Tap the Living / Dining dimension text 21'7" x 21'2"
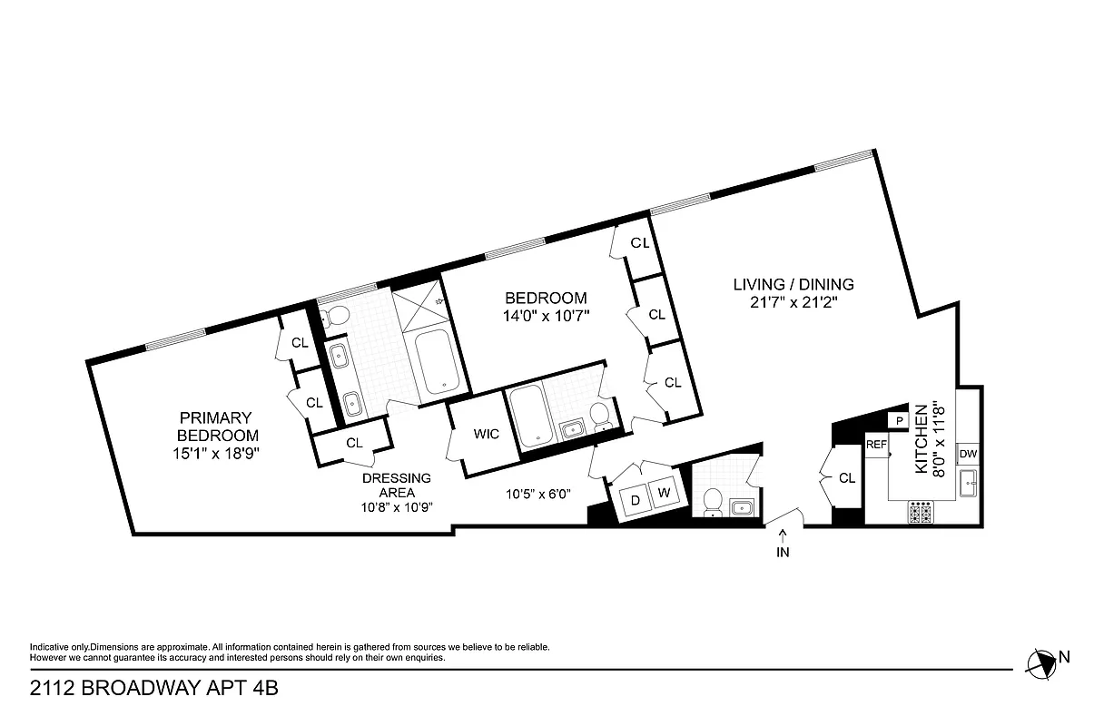click(x=793, y=303)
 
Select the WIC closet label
click(x=487, y=434)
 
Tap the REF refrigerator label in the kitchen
click(x=876, y=445)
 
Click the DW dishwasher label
click(x=968, y=454)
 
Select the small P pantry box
click(x=899, y=420)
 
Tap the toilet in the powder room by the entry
click(x=713, y=500)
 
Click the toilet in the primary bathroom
click(x=336, y=315)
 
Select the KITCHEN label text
click(x=921, y=439)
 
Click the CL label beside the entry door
click(x=847, y=478)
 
